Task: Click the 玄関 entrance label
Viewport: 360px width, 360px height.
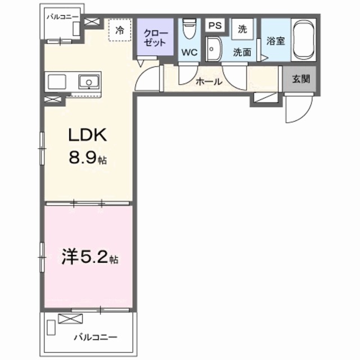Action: [300, 79]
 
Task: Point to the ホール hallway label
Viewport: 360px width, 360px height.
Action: [208, 82]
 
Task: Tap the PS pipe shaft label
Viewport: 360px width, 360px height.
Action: [215, 26]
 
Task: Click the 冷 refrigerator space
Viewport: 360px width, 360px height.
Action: [119, 31]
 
